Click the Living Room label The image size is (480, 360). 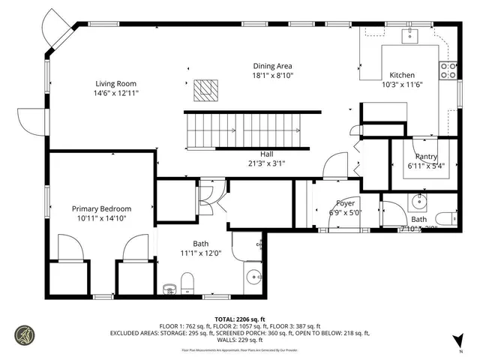pyautogui.click(x=116, y=83)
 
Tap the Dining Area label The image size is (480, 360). pyautogui.click(x=272, y=66)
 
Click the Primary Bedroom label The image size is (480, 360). pyautogui.click(x=101, y=208)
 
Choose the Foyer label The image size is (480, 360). pyautogui.click(x=345, y=202)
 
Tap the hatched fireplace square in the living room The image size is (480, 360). pyautogui.click(x=205, y=91)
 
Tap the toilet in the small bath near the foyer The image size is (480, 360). pyautogui.click(x=445, y=219)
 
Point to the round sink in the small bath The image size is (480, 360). pyautogui.click(x=418, y=202)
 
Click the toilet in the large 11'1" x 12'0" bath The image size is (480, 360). pyautogui.click(x=188, y=283)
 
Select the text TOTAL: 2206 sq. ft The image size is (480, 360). pyautogui.click(x=240, y=319)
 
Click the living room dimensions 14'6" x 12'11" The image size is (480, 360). pyautogui.click(x=116, y=93)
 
